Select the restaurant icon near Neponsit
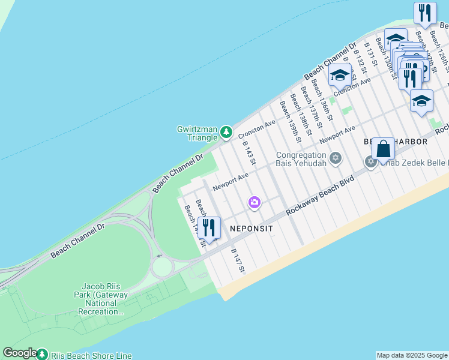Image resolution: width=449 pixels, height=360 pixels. click(209, 227)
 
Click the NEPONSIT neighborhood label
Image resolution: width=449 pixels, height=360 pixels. click(251, 229)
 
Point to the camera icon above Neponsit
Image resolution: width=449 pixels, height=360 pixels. click(255, 203)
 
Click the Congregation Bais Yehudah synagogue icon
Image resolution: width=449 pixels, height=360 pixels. click(336, 158)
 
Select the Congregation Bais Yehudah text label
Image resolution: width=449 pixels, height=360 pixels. click(301, 158)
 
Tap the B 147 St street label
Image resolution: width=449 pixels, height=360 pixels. click(238, 261)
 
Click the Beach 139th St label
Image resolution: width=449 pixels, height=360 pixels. click(294, 118)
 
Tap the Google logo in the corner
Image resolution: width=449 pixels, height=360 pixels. click(19, 353)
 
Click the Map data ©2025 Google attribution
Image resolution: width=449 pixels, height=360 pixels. click(412, 355)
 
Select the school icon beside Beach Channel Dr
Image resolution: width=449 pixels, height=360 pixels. click(340, 76)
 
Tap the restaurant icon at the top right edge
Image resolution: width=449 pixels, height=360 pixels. click(425, 12)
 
